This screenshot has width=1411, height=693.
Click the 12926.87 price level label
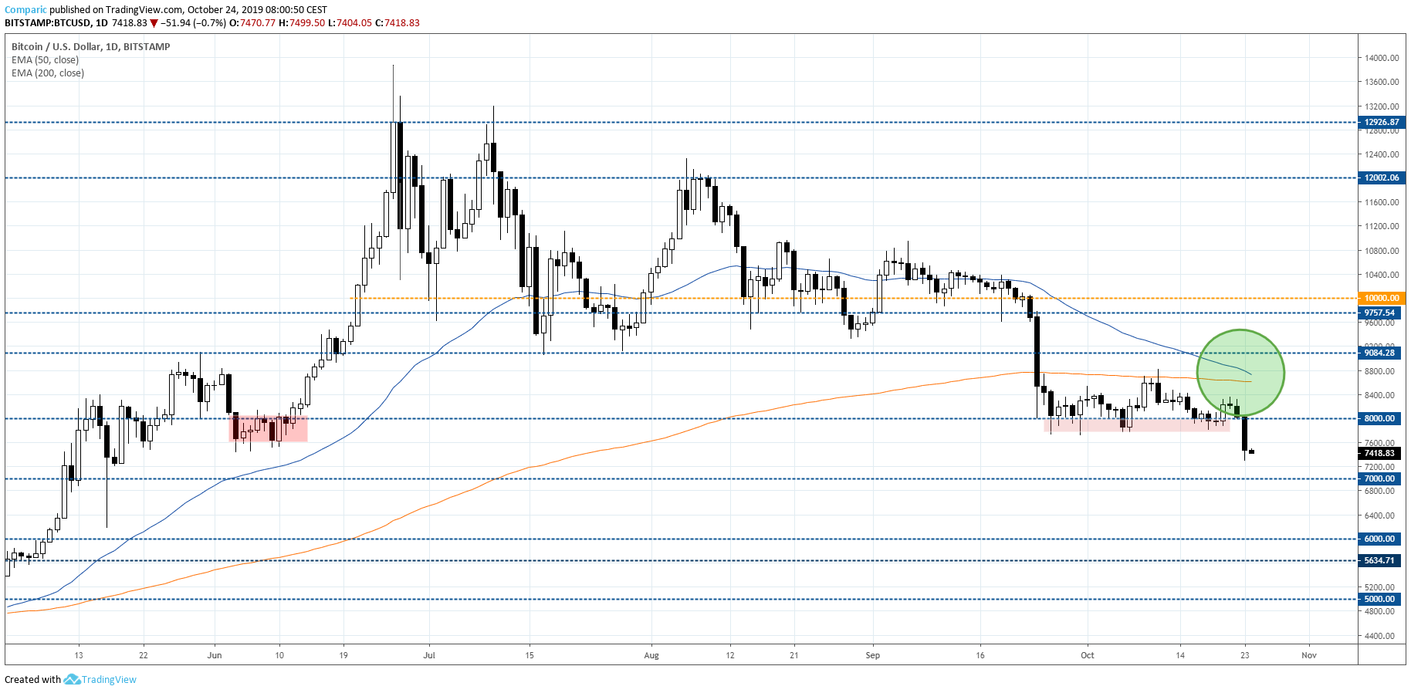[x=1381, y=122]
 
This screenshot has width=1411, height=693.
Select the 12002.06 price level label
[x=1381, y=177]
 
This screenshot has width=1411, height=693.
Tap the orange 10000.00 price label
[x=1381, y=298]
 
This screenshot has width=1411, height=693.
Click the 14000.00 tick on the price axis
[x=1382, y=58]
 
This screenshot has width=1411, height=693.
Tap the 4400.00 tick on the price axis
[x=1380, y=636]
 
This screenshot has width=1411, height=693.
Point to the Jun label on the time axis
[x=215, y=655]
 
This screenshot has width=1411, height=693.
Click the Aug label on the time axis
[x=651, y=655]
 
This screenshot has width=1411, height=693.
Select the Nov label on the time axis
[x=1308, y=655]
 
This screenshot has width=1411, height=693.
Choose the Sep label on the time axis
[x=872, y=655]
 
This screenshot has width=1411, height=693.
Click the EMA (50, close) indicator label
[x=45, y=60]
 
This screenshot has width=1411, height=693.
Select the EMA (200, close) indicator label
[x=48, y=73]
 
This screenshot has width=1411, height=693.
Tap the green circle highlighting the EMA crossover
[x=1240, y=373]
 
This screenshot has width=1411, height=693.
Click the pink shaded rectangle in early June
[x=269, y=429]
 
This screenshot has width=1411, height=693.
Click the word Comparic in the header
[x=25, y=10]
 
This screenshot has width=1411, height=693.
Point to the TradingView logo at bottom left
[x=72, y=679]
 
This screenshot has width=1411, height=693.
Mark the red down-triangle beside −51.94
[x=154, y=23]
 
